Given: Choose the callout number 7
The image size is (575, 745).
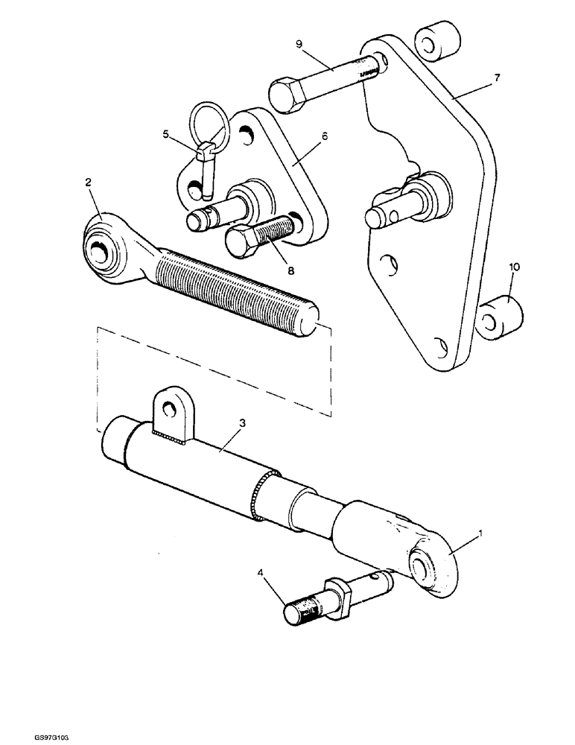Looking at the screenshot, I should pos(498,77).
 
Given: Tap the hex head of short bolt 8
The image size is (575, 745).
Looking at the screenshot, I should pos(241,242).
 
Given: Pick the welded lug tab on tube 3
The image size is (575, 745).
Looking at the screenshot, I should pos(169,410).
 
